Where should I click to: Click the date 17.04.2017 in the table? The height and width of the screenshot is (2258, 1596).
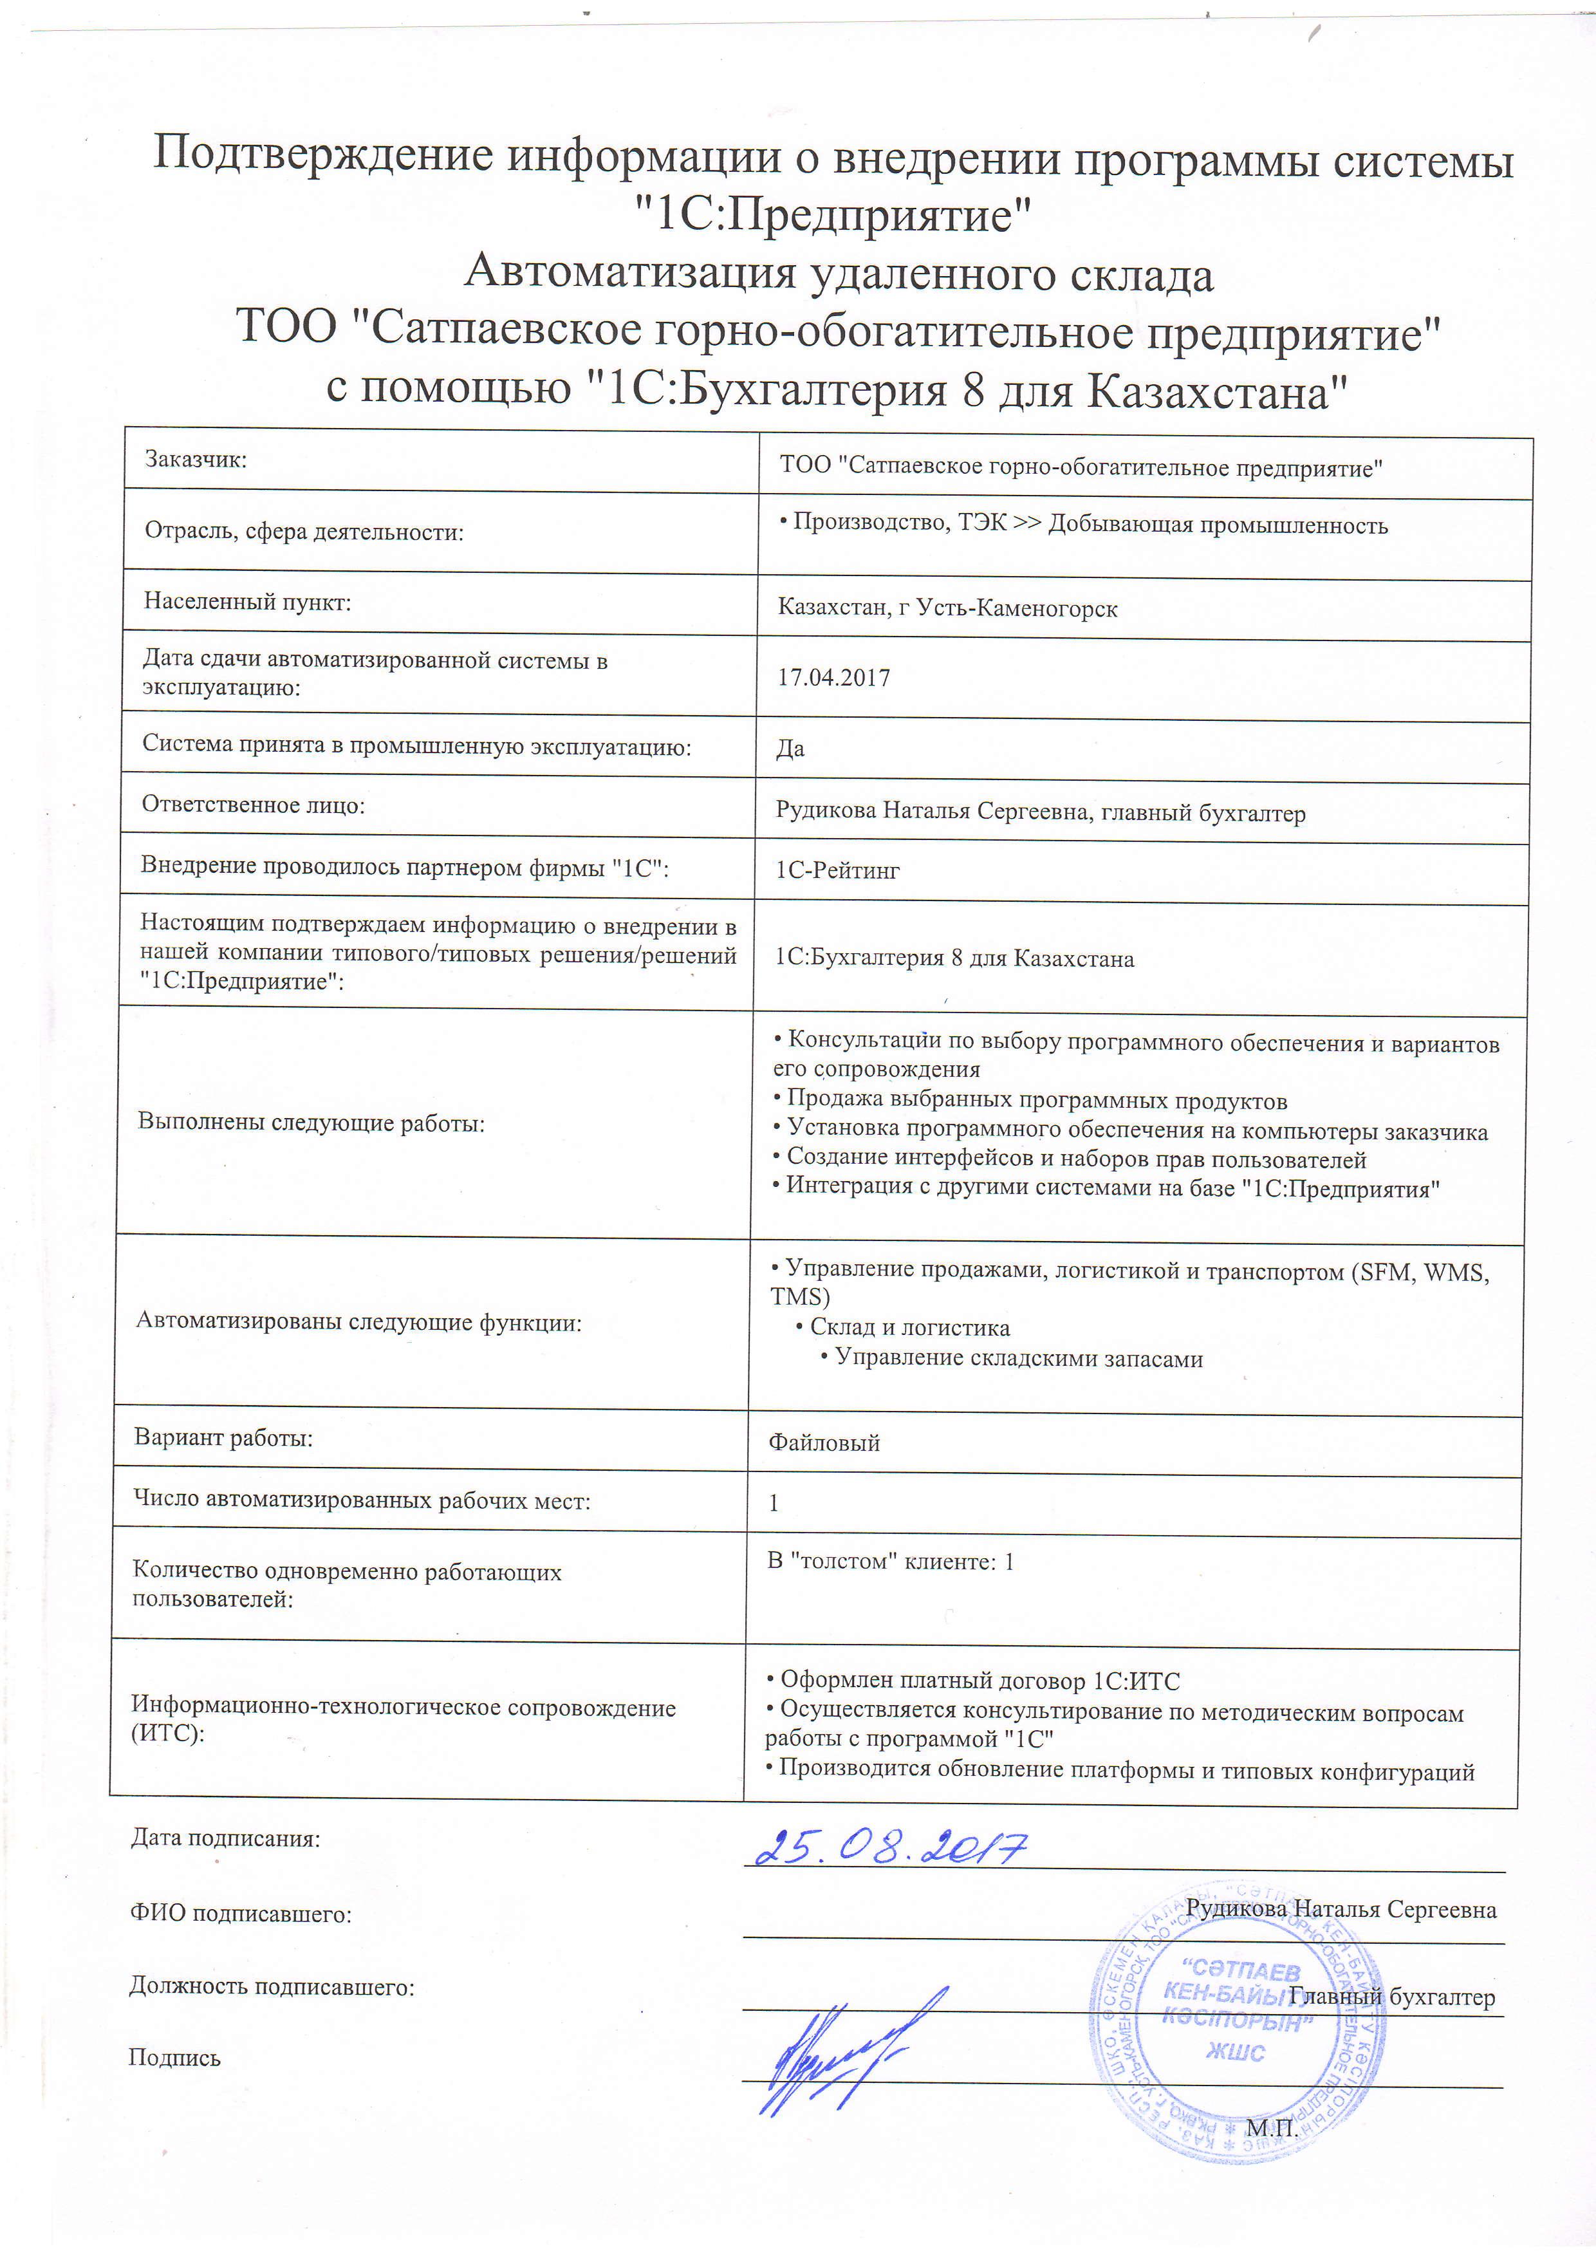(x=834, y=678)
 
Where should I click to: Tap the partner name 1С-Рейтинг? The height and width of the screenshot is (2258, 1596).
(x=838, y=870)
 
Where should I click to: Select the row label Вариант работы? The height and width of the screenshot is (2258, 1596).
(x=223, y=1438)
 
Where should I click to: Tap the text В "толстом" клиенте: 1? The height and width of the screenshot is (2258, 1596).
(x=891, y=1561)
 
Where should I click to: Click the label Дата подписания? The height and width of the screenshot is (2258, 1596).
(x=225, y=1838)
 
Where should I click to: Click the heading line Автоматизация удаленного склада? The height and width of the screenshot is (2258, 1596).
(x=839, y=272)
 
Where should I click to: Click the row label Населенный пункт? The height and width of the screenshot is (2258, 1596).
(x=247, y=601)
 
